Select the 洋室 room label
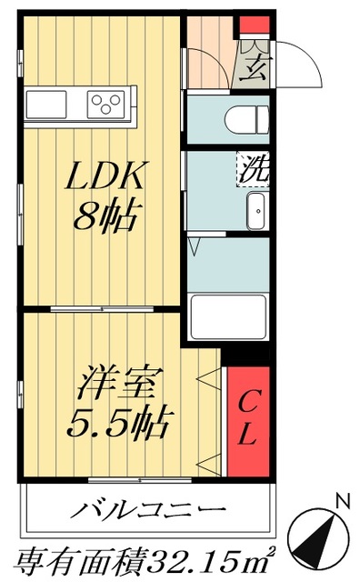[x=118, y=382]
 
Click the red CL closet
[x=247, y=418]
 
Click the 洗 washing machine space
[x=252, y=168]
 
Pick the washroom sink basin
[x=256, y=211]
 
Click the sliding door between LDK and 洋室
[x=100, y=310]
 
